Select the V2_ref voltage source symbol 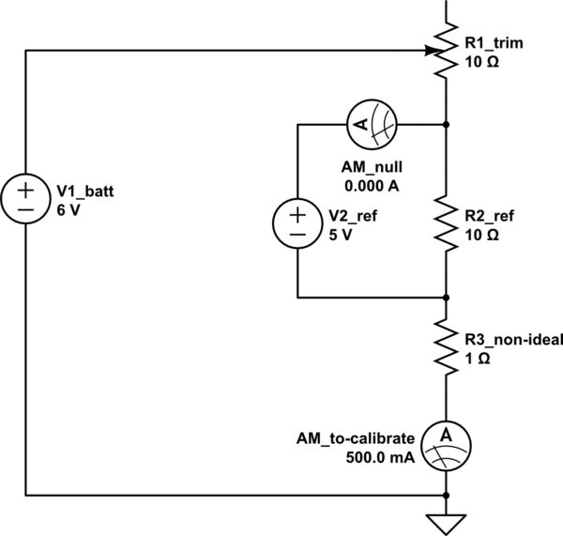297,222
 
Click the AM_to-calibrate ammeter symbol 446,443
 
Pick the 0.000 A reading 372,185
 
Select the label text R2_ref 488,215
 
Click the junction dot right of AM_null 446,124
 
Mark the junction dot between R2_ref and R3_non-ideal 446,297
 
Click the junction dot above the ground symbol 446,494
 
